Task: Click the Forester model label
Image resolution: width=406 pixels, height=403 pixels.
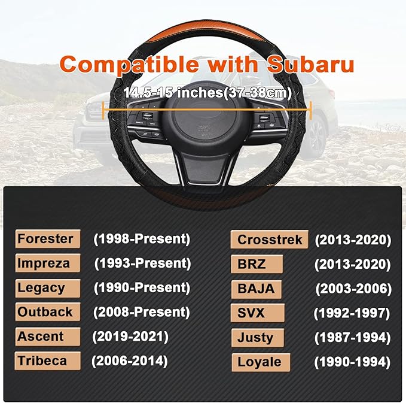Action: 45,239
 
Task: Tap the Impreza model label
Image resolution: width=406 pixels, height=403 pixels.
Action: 44,263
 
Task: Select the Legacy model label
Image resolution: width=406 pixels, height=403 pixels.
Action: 41,287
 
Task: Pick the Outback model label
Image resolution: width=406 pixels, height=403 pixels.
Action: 45,312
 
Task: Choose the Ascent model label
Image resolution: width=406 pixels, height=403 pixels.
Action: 41,337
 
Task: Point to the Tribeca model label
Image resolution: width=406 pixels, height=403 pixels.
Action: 41,360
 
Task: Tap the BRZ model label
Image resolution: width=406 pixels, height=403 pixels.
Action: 252,264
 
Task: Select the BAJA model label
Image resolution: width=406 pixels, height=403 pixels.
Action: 256,289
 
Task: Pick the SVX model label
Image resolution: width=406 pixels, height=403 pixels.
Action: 251,313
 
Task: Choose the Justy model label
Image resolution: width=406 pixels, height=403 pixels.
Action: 255,338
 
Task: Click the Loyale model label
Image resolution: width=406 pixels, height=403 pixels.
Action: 260,362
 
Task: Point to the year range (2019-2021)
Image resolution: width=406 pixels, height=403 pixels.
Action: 130,337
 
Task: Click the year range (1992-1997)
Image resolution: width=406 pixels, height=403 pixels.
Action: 352,313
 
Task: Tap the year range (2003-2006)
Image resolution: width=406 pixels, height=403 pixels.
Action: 353,289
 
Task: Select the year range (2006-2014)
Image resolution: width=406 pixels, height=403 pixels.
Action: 129,360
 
